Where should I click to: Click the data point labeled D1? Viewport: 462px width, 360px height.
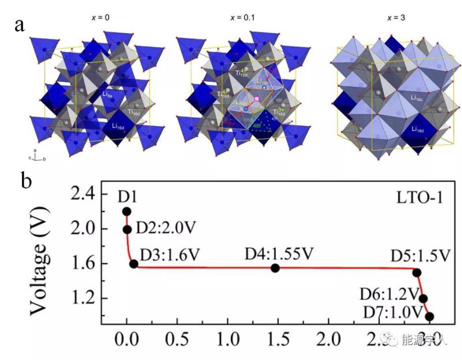[x=127, y=211]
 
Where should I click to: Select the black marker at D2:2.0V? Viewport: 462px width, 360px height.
[x=127, y=229]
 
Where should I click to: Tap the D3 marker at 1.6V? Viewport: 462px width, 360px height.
[x=134, y=264]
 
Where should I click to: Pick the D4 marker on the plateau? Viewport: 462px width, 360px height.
[x=275, y=268]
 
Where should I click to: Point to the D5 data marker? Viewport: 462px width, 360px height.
[x=416, y=272]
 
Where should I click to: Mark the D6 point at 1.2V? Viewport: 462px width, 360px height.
[x=423, y=299]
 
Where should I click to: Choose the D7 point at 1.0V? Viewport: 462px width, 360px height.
[x=429, y=316]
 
